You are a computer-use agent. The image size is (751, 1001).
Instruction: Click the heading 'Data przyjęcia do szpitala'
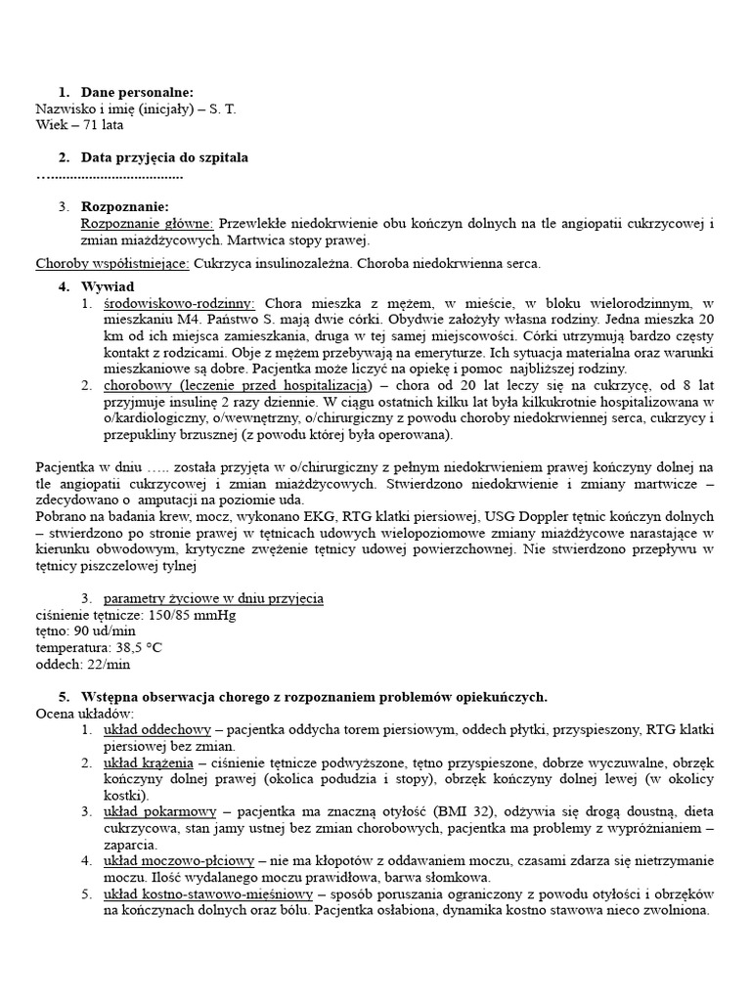pos(164,157)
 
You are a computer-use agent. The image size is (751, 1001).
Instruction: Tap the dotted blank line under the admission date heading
pos(110,176)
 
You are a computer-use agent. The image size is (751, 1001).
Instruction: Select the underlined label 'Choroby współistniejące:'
pos(112,263)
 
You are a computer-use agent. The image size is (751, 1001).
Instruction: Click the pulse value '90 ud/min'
pos(110,631)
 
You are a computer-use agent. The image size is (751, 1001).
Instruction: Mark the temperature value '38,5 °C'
pos(138,647)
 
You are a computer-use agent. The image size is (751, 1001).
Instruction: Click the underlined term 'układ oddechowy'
pos(157,730)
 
